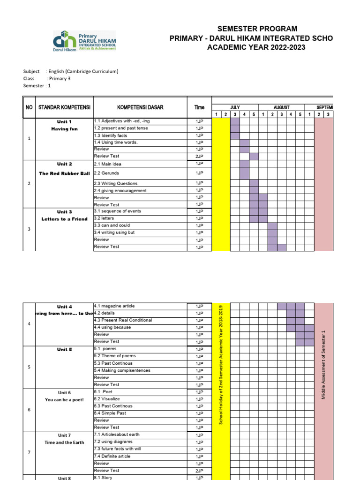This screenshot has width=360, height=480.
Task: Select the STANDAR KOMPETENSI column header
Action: click(x=64, y=107)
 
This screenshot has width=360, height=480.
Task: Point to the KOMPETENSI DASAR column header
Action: click(x=140, y=107)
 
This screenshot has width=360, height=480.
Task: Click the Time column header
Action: click(x=199, y=107)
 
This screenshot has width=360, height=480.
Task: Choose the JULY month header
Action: click(x=235, y=107)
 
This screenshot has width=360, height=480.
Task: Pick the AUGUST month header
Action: click(x=281, y=107)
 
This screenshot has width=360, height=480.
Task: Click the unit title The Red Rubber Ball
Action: click(x=64, y=173)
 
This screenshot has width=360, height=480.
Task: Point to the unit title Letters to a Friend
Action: click(x=64, y=219)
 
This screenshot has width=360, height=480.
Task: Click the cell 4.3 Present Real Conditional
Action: click(x=123, y=320)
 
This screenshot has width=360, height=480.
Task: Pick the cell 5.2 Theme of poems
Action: click(x=115, y=356)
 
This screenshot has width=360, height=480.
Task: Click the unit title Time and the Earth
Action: click(x=64, y=442)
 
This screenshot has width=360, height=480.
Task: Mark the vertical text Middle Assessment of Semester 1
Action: click(x=323, y=365)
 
